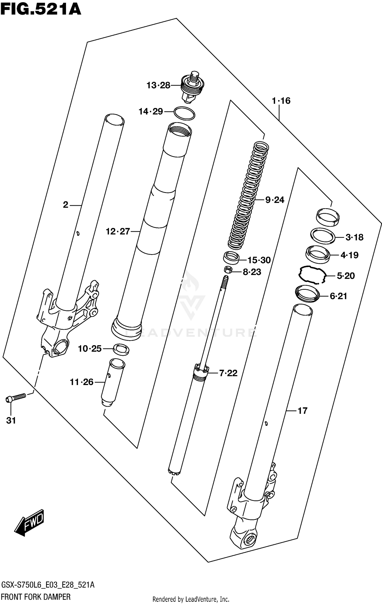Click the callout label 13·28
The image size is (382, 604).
coord(158,85)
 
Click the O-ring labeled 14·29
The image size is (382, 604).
coord(185,113)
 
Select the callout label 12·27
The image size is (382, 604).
coord(118,231)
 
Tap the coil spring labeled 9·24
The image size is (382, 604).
coord(248,196)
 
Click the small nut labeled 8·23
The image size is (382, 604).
coord(228,269)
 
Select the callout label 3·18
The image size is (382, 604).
coord(354,237)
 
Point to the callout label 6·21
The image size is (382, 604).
coord(338,296)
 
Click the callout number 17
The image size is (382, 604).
coord(302,411)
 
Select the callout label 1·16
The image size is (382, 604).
coord(281,101)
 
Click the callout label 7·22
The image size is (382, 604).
coord(228,373)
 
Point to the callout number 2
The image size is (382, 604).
coord(65,205)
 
